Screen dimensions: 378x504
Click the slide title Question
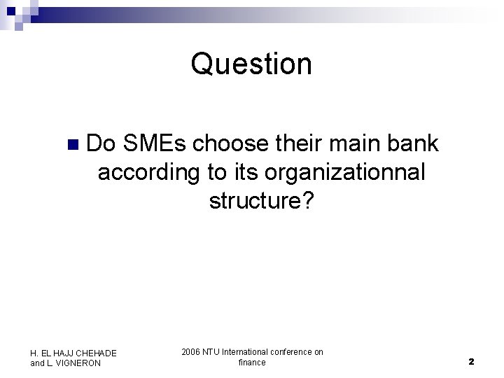[x=251, y=64]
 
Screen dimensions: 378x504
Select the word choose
[x=230, y=143]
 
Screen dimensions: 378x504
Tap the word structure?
[x=262, y=201]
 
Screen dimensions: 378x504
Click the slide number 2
[x=471, y=362]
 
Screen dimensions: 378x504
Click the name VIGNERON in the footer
[x=76, y=363]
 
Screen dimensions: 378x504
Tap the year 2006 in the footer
[x=191, y=352]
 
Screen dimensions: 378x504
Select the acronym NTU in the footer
[x=212, y=352]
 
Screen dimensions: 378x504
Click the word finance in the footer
[x=252, y=362]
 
